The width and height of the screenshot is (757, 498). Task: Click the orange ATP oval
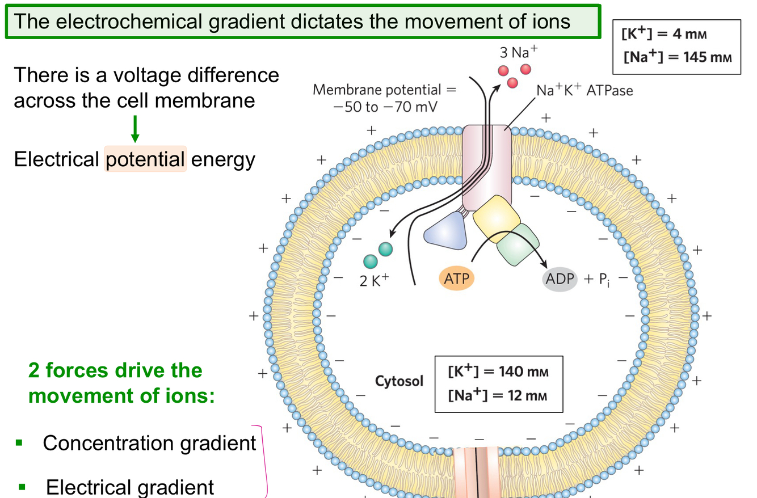click(456, 278)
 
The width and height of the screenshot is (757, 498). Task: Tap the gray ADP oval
click(560, 278)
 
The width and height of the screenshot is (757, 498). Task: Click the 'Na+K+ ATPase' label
click(584, 90)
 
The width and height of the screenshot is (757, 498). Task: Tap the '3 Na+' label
click(518, 53)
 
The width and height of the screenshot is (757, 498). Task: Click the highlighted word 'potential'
click(145, 159)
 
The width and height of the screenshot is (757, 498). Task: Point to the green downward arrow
click(134, 130)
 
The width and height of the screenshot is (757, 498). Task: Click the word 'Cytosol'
click(399, 381)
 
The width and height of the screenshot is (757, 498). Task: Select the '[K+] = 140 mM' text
click(498, 372)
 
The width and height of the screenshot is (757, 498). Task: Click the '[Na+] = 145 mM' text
click(678, 57)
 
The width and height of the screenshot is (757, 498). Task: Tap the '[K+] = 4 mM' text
click(664, 34)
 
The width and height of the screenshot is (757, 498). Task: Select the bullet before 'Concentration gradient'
click(20, 442)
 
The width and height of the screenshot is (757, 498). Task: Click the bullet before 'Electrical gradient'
click(23, 486)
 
